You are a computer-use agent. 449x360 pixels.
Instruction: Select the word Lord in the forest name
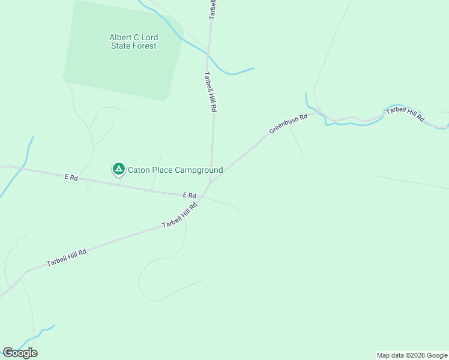point(149,37)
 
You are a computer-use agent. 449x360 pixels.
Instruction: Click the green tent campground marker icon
point(119,169)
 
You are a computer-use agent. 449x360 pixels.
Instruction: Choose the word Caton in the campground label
point(139,170)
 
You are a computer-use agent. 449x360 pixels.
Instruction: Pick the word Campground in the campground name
point(199,170)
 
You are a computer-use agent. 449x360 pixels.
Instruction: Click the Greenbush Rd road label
point(288,123)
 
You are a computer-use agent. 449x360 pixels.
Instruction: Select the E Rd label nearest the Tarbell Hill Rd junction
point(190,196)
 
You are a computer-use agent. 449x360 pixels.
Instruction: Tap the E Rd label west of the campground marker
point(71,178)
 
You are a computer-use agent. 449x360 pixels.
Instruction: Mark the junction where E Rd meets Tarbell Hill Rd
point(203,196)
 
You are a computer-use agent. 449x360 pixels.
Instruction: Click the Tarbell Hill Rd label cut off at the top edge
point(212,10)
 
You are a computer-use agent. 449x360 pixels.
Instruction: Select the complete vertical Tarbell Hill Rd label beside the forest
point(209,92)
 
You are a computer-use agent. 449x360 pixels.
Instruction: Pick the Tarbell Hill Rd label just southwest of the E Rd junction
point(179,215)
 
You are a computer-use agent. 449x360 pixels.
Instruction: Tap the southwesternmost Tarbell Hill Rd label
point(67,258)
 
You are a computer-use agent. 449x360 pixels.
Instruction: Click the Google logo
point(20,352)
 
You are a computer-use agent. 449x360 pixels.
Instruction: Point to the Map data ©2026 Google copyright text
point(412,355)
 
